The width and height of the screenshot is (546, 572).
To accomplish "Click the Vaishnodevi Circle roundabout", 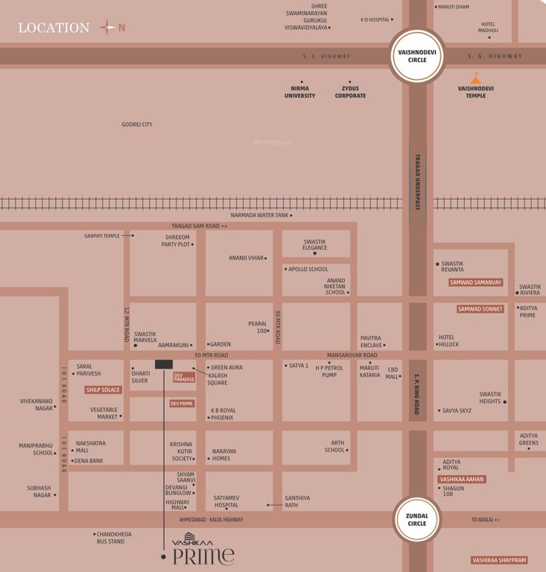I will [x=417, y=56].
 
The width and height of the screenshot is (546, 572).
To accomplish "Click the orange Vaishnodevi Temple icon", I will [x=475, y=78].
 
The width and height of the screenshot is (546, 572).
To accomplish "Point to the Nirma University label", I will [x=300, y=92].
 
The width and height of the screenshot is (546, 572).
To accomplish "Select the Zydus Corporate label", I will [x=350, y=92].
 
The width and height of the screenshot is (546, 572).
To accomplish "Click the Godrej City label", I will [x=137, y=124].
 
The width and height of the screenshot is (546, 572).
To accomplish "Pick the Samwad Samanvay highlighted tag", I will [x=476, y=283].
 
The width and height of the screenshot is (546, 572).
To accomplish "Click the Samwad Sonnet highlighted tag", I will [x=480, y=309].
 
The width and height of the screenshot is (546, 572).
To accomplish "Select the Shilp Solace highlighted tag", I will [x=103, y=390].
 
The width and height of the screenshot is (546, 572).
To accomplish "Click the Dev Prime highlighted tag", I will [x=182, y=404].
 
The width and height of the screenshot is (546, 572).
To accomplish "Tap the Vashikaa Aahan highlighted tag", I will [x=463, y=480].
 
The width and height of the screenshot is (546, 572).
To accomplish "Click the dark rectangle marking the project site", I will [x=163, y=364].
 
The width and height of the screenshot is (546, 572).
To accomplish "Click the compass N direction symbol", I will [x=108, y=28].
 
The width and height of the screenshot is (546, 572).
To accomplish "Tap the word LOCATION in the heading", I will [x=54, y=28].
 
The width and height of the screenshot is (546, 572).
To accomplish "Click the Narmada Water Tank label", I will [x=259, y=215].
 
